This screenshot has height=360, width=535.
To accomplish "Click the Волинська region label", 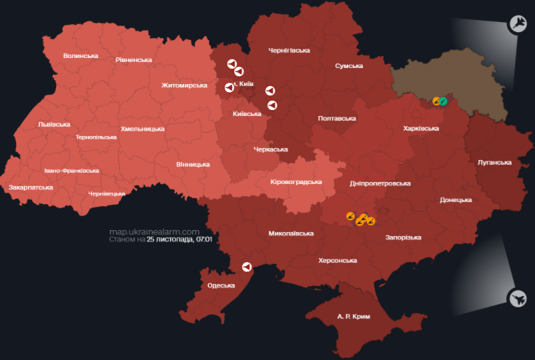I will [x=81, y=56].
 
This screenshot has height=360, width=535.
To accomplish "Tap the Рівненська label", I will [x=133, y=60].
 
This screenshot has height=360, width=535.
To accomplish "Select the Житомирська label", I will [x=184, y=85].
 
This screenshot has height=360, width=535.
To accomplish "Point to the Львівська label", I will [x=54, y=125].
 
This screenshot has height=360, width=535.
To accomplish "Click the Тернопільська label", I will [x=96, y=137].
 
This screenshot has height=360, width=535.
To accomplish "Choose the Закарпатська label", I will [x=31, y=188].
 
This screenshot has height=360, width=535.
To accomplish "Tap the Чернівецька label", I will [x=107, y=194].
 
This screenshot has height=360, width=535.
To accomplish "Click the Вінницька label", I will [x=193, y=164].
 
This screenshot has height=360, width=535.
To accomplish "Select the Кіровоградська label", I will [x=296, y=182].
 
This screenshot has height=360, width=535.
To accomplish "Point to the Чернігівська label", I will [x=289, y=51].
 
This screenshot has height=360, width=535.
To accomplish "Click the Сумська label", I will [x=349, y=66].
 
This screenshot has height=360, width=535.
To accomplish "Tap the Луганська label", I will [x=494, y=163].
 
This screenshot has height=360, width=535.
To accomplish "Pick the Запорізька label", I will [x=403, y=237].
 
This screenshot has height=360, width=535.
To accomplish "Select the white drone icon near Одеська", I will [x=247, y=267].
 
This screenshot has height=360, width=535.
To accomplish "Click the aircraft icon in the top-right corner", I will [x=518, y=24].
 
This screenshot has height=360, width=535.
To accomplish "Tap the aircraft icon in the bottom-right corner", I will [x=517, y=297].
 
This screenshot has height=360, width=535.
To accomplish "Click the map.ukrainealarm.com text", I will [x=154, y=231].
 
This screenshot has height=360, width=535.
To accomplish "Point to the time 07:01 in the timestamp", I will [x=204, y=239].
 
